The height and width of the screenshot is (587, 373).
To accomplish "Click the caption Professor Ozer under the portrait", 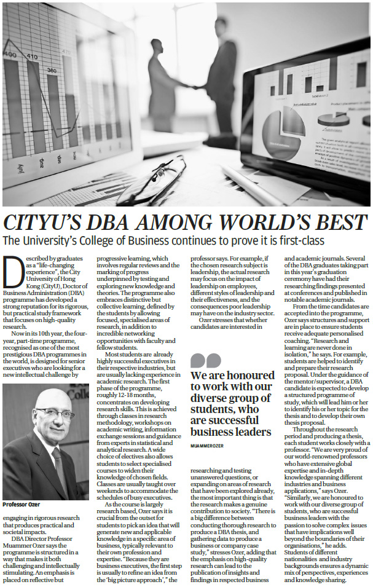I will [23, 505].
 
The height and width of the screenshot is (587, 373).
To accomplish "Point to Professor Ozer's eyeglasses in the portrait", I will [55, 413].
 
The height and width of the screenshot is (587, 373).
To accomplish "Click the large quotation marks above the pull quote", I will [205, 360].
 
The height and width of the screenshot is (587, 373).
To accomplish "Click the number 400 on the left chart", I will [11, 55].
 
